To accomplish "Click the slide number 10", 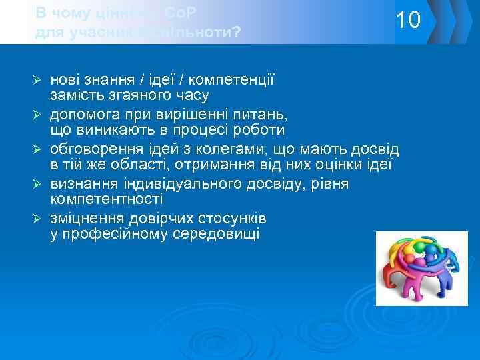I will [x=407, y=21].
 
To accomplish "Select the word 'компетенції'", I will [x=238, y=80].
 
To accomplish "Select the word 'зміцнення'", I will [x=85, y=218].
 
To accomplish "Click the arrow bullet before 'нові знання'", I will [x=39, y=80].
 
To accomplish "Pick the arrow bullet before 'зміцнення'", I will [x=39, y=218].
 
